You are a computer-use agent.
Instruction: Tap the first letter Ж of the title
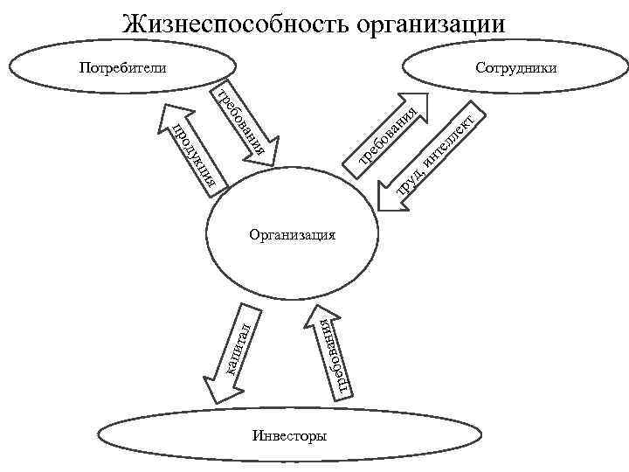coord(134,24)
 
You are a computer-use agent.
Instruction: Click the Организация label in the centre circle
coord(293,234)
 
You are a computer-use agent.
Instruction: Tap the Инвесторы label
coord(289,434)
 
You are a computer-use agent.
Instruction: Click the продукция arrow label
coord(198,156)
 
